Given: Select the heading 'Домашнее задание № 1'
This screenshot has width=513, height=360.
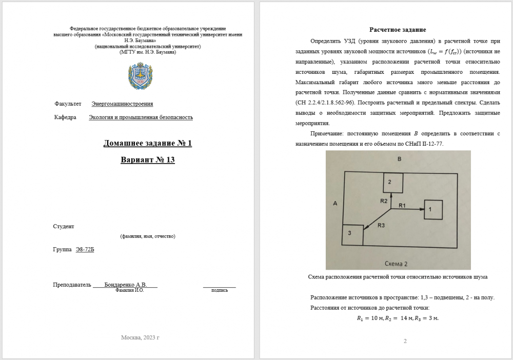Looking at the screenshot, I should click(x=148, y=143).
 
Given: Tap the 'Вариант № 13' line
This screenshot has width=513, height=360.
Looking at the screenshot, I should click(x=148, y=160).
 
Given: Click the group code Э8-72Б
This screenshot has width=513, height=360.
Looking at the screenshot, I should click(x=85, y=249).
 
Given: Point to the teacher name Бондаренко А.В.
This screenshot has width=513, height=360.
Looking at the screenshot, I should click(x=125, y=285).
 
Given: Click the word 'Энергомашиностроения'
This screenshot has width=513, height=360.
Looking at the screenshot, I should click(x=122, y=104).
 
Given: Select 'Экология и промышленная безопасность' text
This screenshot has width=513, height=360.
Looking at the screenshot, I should click(x=141, y=117).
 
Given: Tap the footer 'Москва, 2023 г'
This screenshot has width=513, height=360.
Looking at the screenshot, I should click(x=141, y=337).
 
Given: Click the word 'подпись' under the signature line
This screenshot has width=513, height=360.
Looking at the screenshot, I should click(x=220, y=290).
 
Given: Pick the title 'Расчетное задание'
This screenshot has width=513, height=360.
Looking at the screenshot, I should click(x=398, y=30).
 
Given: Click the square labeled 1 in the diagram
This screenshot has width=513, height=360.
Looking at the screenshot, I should click(x=433, y=209).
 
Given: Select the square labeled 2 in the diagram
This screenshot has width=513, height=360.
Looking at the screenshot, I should click(x=392, y=182).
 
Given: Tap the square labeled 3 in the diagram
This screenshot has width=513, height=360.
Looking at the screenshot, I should click(x=352, y=234).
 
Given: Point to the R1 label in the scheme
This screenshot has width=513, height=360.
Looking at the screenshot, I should click(x=402, y=205).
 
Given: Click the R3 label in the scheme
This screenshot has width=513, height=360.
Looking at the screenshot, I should click(x=382, y=225).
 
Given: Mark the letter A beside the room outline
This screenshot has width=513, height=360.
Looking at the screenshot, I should click(x=334, y=204).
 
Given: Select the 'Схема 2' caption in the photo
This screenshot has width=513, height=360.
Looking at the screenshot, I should click(x=396, y=264).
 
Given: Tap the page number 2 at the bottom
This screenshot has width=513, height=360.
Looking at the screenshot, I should click(x=405, y=341).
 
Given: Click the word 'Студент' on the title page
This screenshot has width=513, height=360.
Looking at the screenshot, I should click(x=64, y=226).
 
